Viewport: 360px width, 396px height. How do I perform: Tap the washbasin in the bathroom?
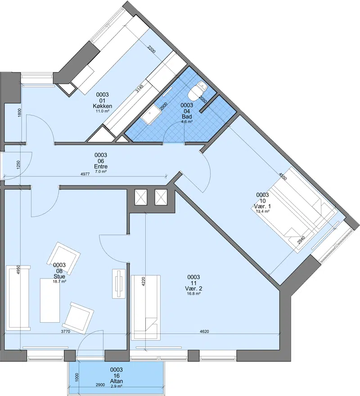151,115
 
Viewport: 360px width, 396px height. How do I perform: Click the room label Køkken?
102,106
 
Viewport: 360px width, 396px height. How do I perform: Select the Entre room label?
101,166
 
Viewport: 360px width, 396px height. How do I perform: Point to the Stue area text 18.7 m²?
59,281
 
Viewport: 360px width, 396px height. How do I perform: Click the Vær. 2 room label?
193,288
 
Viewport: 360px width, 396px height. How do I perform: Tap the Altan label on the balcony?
117,381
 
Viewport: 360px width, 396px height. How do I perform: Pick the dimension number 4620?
204,332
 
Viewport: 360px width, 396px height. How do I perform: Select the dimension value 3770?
65,332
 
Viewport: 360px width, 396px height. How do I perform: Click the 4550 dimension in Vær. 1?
283,176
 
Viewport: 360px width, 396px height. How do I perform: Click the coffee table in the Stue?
50,300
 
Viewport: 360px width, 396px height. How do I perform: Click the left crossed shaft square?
140,197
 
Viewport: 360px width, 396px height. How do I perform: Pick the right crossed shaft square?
161,197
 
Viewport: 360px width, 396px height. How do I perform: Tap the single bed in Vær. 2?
146,308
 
